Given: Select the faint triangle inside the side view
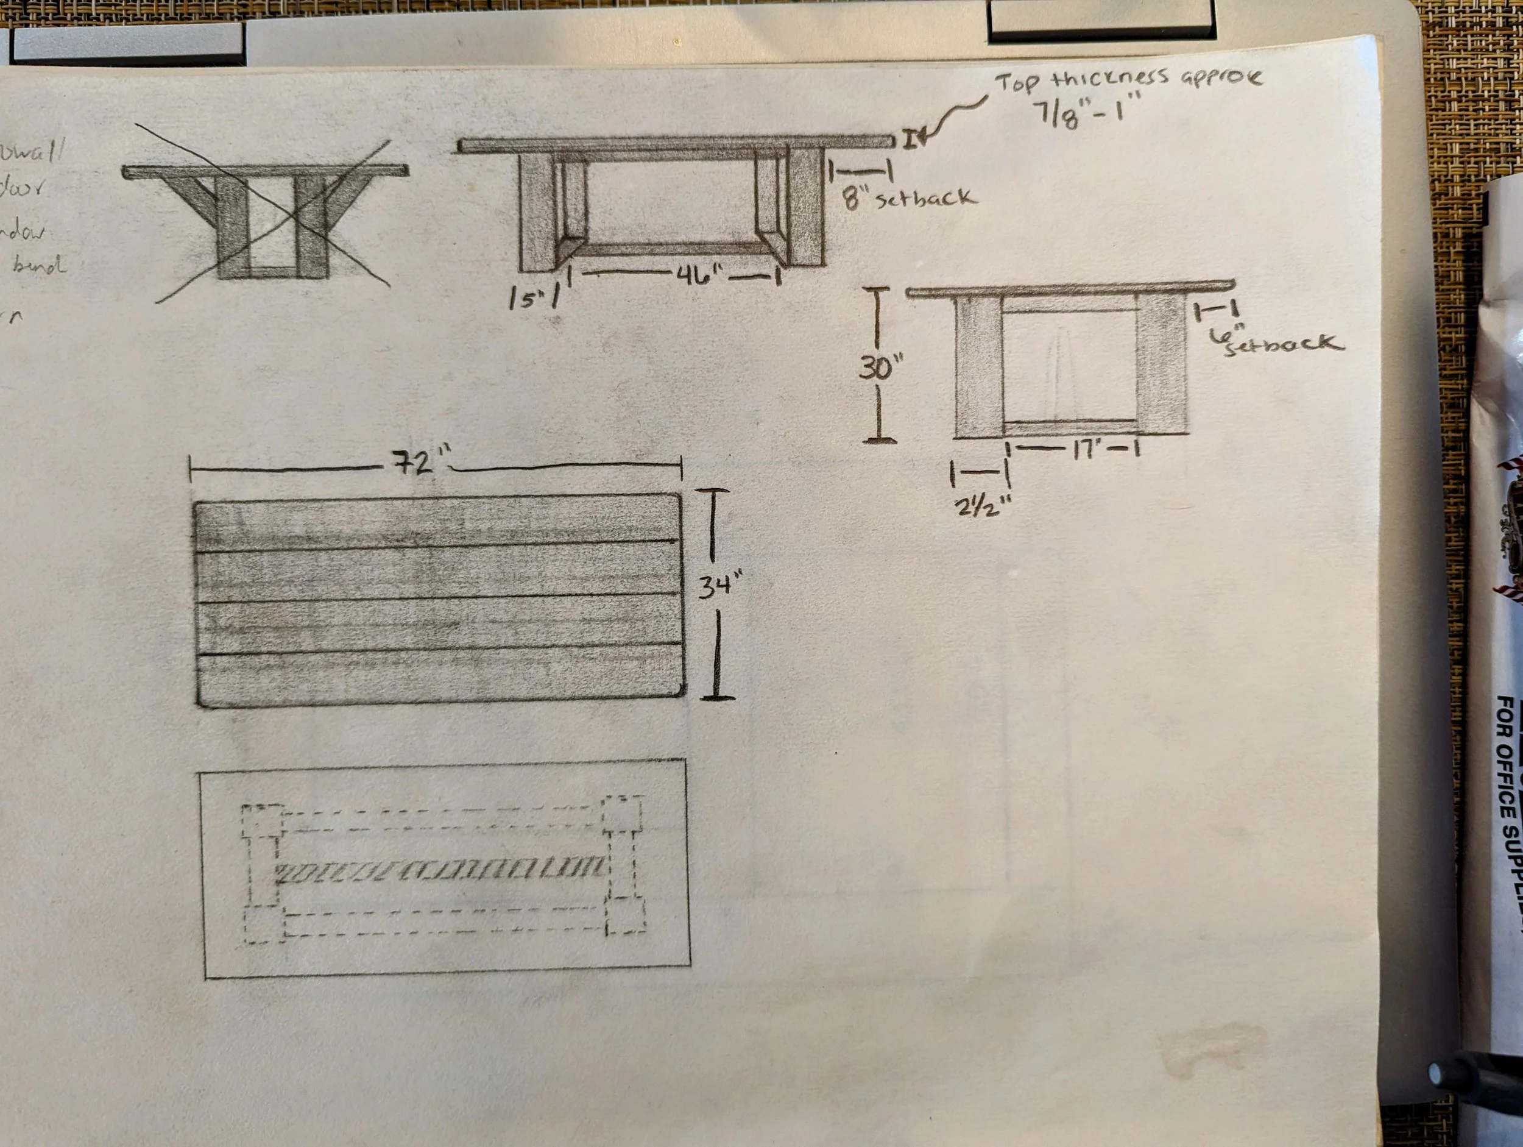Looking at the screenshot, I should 1061,372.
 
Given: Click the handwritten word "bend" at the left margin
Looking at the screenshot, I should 40,265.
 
